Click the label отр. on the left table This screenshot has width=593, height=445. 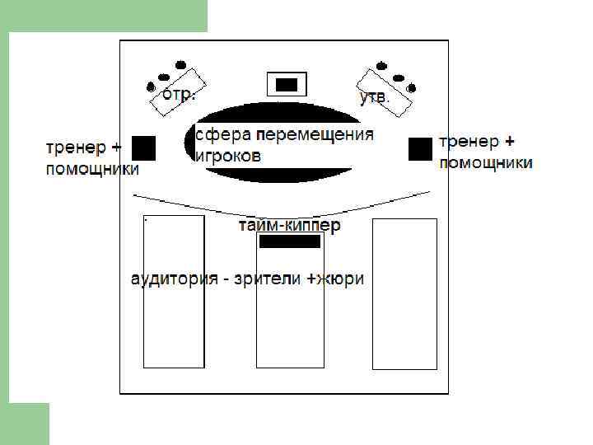(178, 94)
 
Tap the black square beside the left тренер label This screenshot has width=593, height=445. (144, 148)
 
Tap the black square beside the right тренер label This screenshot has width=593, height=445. (420, 148)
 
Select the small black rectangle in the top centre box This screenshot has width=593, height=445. (287, 84)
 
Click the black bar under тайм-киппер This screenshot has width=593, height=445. (289, 241)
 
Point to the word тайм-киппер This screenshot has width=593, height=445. (289, 225)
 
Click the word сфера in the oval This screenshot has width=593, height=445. (223, 134)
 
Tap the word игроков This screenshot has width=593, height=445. (228, 155)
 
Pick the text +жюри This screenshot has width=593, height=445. (335, 279)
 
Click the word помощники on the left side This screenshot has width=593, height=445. (91, 170)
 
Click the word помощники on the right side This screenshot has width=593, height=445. (486, 162)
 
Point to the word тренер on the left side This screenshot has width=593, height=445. (76, 148)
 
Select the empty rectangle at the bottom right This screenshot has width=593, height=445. (404, 330)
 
